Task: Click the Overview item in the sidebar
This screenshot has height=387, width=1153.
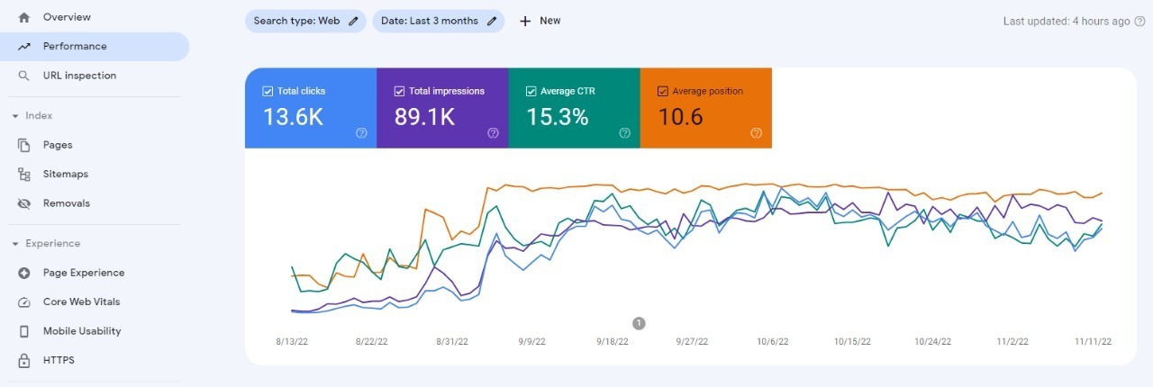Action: [66, 17]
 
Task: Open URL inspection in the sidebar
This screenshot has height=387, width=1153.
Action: [79, 76]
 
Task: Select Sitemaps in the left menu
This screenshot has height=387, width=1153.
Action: [65, 174]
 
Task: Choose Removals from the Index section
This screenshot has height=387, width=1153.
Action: [66, 203]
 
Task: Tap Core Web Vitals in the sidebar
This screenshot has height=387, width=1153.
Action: [81, 301]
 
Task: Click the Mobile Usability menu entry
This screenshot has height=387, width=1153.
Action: [81, 331]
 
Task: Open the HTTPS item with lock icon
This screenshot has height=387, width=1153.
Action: [59, 360]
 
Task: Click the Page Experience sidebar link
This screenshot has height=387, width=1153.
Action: [83, 273]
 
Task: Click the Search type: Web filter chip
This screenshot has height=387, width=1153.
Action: [305, 21]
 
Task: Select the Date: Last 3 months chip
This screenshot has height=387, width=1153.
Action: [438, 21]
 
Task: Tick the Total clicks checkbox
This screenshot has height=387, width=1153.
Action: [268, 91]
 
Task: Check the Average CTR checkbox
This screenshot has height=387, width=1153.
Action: [531, 91]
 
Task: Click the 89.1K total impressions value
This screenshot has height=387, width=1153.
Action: [424, 117]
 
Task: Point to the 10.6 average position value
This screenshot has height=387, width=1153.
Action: [679, 117]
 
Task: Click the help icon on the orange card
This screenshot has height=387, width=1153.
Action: [756, 133]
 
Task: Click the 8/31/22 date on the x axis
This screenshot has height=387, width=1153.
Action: [451, 342]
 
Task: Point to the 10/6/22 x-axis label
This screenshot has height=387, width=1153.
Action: [772, 342]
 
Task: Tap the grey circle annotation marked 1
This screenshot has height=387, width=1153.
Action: [639, 323]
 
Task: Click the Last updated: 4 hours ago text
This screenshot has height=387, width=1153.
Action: [1066, 21]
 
